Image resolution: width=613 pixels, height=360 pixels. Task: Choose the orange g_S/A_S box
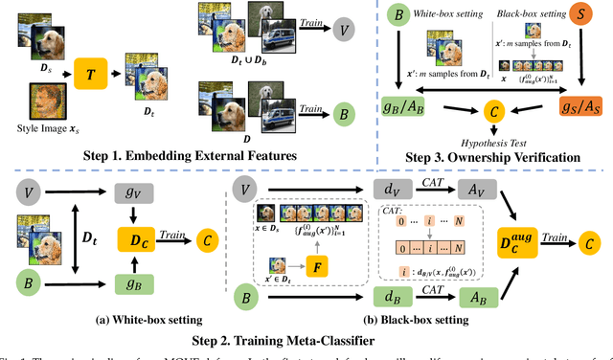click(579, 105)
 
